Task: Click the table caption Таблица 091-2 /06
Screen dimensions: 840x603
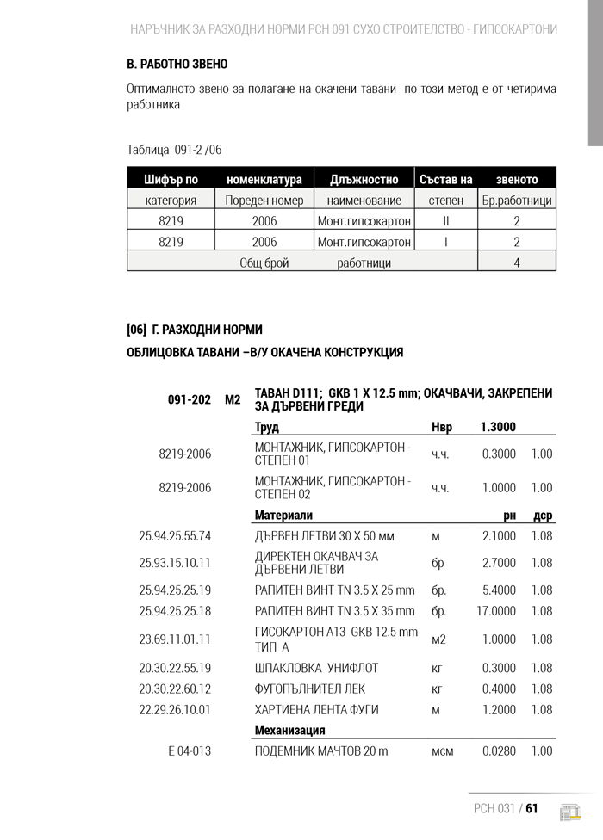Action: coord(174,150)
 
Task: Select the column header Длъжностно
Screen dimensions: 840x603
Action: coord(364,180)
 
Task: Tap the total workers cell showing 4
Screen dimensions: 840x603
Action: coord(517,262)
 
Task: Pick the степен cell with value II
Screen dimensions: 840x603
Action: coord(445,221)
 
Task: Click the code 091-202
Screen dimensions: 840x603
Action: coord(189,399)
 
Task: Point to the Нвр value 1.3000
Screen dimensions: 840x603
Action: coord(498,428)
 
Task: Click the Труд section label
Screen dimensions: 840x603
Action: coord(266,428)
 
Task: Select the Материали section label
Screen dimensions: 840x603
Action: coord(283,516)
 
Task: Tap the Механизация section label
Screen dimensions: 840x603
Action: coord(289,730)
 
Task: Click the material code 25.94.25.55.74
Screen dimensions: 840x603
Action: coord(175,536)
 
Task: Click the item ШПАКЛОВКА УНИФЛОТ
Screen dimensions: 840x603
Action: coord(316,668)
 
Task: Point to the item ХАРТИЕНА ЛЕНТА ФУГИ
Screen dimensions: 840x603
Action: coord(316,710)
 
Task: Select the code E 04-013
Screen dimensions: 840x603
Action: coord(190,751)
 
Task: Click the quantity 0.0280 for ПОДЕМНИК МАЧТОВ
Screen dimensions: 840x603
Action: coord(499,751)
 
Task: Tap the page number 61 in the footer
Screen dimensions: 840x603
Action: coord(532,808)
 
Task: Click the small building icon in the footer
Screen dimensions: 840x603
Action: coord(569,812)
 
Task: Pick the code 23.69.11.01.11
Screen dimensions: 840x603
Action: coord(175,639)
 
